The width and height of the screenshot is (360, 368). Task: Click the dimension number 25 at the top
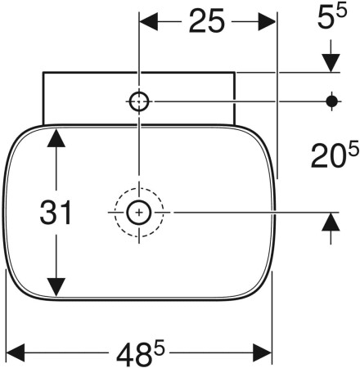pos(207,20)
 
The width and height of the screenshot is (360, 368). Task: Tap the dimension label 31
pos(56,213)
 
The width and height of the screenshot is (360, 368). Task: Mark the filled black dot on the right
pos(331,101)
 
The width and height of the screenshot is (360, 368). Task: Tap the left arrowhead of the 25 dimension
pos(149,21)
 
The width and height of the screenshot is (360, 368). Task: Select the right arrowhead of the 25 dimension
pos(267,21)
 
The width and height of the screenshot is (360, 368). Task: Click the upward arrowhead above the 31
pos(56,138)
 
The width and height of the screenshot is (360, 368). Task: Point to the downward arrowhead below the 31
pos(56,287)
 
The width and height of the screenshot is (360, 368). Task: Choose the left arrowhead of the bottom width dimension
pos(16,352)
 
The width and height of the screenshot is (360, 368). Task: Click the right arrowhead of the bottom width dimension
pos(263,352)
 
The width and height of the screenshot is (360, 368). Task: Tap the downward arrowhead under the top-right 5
pos(331,63)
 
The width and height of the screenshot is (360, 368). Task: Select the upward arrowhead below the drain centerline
pos(331,222)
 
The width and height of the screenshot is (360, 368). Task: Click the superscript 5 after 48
pos(159,348)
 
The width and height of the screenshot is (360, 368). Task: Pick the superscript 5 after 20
pos(353,149)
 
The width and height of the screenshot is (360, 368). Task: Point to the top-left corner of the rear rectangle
pos(43,72)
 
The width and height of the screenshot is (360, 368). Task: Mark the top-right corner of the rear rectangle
pos(235,72)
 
